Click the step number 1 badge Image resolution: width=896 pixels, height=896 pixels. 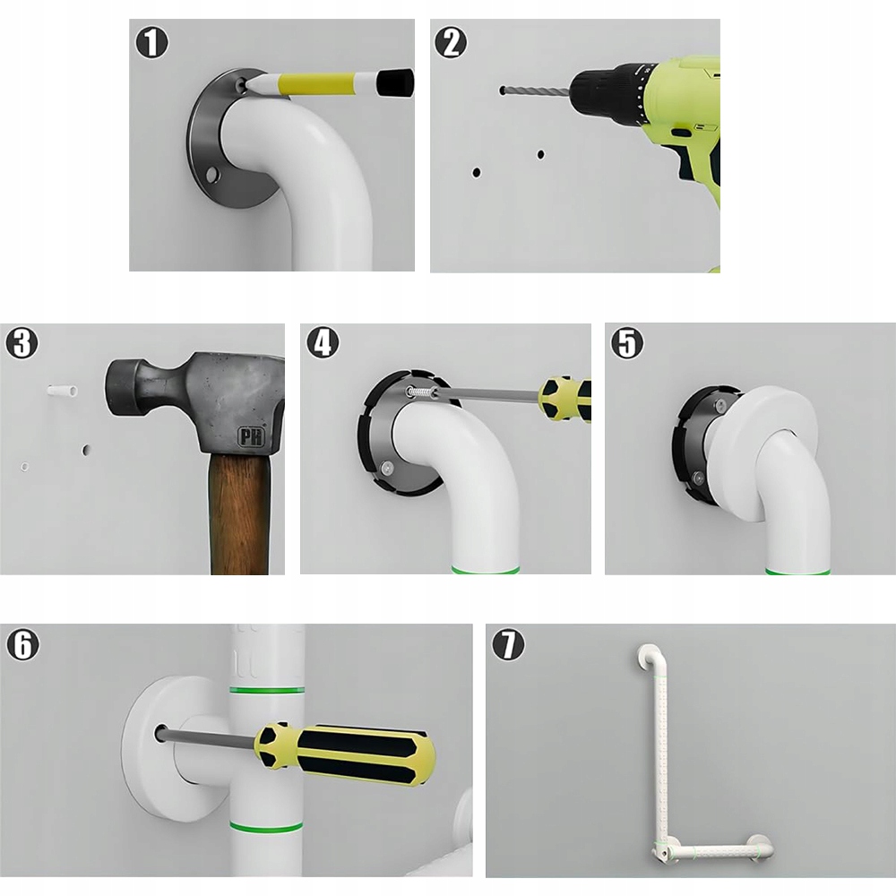click(151, 42)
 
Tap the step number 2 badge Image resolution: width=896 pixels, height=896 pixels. click(451, 42)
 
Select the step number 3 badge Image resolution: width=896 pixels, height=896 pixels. click(22, 343)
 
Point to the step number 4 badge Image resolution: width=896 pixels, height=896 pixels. click(323, 343)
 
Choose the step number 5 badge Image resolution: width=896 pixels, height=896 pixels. click(627, 343)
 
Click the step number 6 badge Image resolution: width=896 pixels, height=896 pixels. click(23, 644)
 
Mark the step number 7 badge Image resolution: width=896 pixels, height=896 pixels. click(508, 644)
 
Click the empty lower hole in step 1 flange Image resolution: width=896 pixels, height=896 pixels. click(214, 173)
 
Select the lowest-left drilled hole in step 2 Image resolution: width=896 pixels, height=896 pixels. click(476, 172)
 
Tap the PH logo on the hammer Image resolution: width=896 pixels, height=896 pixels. click(252, 437)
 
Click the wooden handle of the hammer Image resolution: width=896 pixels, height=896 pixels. click(240, 513)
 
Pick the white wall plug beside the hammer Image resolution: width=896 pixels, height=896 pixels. click(62, 392)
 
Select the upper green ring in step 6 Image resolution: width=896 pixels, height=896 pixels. click(266, 691)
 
